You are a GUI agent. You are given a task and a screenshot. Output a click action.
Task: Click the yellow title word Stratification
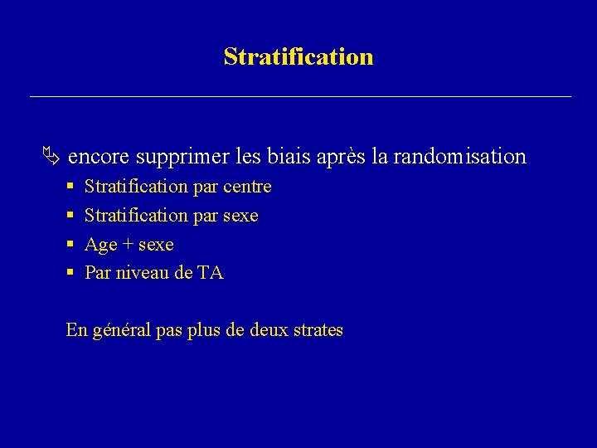(298, 56)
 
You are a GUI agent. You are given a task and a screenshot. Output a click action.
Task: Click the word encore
(99, 157)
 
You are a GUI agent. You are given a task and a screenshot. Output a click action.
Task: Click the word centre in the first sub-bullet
(247, 187)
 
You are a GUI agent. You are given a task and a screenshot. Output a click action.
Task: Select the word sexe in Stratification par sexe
(241, 216)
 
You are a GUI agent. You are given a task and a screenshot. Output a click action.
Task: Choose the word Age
(101, 246)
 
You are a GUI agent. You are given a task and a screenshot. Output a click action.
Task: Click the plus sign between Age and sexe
(128, 245)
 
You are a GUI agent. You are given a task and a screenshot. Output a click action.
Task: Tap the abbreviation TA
(211, 273)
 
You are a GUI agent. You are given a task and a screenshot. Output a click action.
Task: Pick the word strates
(317, 330)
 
